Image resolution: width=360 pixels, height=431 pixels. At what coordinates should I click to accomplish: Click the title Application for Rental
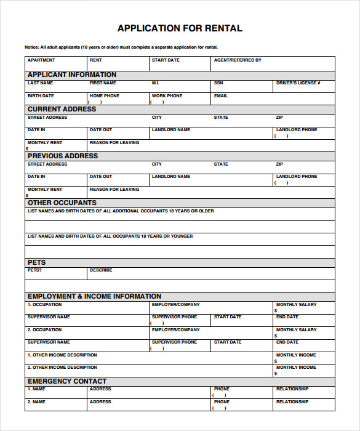[x=180, y=28]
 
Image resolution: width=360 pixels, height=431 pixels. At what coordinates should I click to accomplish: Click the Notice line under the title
[x=121, y=47]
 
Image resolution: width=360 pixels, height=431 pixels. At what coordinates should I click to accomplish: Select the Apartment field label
[x=41, y=60]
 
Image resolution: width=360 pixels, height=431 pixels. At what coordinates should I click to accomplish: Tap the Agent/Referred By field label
[x=238, y=60]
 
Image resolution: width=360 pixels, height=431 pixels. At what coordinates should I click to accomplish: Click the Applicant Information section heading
[x=72, y=75]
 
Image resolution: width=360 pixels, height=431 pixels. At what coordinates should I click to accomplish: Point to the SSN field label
[x=218, y=83]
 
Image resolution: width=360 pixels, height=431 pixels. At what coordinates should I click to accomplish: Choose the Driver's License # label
[x=298, y=83]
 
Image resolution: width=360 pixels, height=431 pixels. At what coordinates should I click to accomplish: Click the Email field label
[x=221, y=96]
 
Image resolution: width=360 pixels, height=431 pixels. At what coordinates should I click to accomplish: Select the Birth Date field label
[x=41, y=96]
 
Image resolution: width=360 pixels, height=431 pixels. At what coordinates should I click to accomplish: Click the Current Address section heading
[x=62, y=109]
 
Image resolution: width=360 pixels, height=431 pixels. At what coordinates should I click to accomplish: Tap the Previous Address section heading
[x=63, y=156]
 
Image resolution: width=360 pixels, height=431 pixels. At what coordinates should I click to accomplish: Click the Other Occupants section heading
[x=62, y=203]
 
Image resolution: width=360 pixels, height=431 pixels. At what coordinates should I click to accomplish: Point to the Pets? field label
[x=35, y=270]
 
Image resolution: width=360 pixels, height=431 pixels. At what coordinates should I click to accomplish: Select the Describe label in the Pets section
[x=101, y=270]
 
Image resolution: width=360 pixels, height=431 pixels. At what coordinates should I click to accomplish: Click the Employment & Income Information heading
[x=94, y=296]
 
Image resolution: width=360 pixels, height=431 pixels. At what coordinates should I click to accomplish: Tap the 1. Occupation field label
[x=45, y=304]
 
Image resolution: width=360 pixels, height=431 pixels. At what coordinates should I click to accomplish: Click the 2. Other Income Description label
[x=62, y=368]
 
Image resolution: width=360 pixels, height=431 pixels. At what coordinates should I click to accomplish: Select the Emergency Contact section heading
[x=67, y=381]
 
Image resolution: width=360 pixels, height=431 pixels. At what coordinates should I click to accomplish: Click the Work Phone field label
[x=167, y=96]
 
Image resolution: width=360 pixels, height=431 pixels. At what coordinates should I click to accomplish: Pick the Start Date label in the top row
[x=166, y=60]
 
